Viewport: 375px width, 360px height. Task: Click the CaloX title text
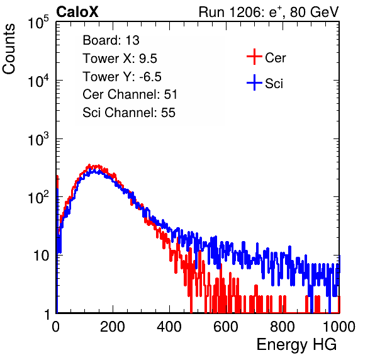tap(77, 12)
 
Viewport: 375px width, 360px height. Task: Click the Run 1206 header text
tap(269, 12)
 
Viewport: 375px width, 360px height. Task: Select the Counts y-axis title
tap(9, 49)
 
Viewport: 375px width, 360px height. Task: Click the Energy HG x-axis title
tap(296, 345)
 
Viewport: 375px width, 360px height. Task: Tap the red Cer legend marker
tap(254, 57)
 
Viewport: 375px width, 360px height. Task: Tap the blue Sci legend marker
tap(254, 82)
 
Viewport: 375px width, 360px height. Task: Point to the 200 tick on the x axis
tap(113, 327)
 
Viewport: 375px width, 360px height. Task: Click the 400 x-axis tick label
tap(169, 327)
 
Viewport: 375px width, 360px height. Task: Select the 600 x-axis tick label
tap(226, 327)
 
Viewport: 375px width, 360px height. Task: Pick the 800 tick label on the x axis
tap(283, 327)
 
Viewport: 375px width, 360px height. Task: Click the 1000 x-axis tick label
tap(339, 327)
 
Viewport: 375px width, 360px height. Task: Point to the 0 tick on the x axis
tap(56, 327)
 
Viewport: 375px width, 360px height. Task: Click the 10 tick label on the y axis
tap(41, 256)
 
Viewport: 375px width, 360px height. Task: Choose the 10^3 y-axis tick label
tap(38, 139)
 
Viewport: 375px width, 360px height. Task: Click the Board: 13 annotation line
tap(111, 40)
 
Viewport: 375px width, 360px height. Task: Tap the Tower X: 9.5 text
tap(120, 59)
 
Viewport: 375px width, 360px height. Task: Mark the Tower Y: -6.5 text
tap(122, 77)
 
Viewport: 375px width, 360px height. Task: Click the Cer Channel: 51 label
tap(130, 94)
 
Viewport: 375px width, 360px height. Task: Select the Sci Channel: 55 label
tap(129, 113)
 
